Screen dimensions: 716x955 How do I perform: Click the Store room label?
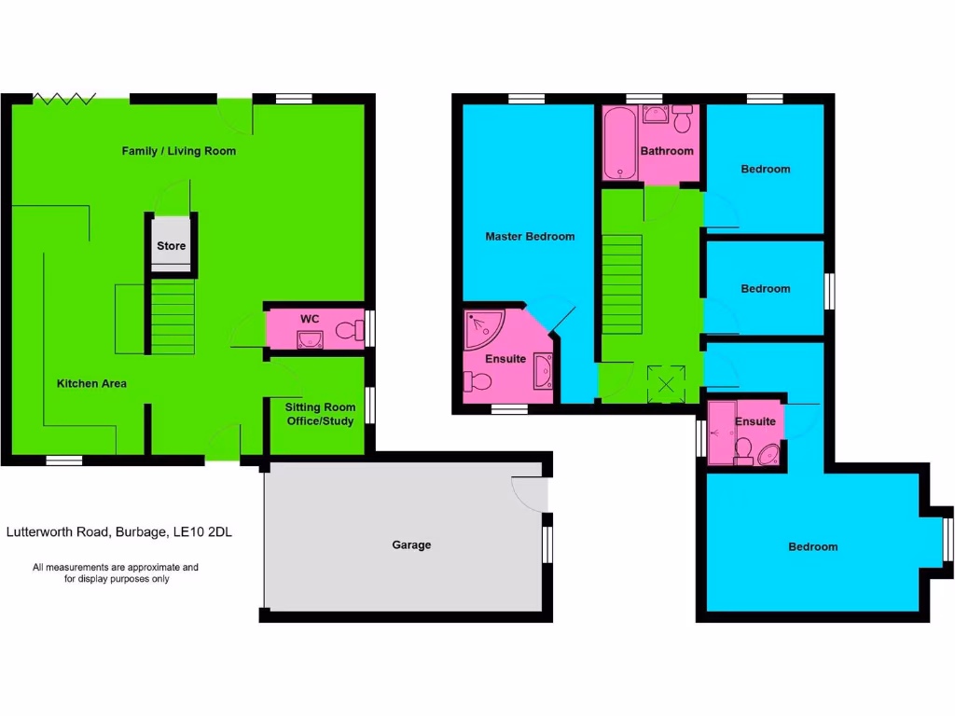click(x=171, y=246)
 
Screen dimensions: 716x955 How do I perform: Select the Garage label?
click(x=411, y=544)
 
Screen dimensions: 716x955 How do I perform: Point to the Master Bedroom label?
click(x=530, y=237)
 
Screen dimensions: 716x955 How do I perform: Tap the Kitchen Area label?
click(x=91, y=383)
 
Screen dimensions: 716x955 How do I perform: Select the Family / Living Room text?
click(x=178, y=151)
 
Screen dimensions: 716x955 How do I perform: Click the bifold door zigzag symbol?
click(x=64, y=97)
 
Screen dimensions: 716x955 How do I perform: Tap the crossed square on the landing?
click(x=667, y=383)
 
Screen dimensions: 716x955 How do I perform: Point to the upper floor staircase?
click(x=621, y=283)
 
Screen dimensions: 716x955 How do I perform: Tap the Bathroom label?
click(x=667, y=151)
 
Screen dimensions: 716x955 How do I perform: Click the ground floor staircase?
click(x=173, y=317)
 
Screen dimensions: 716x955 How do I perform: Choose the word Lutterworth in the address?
click(x=43, y=533)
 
